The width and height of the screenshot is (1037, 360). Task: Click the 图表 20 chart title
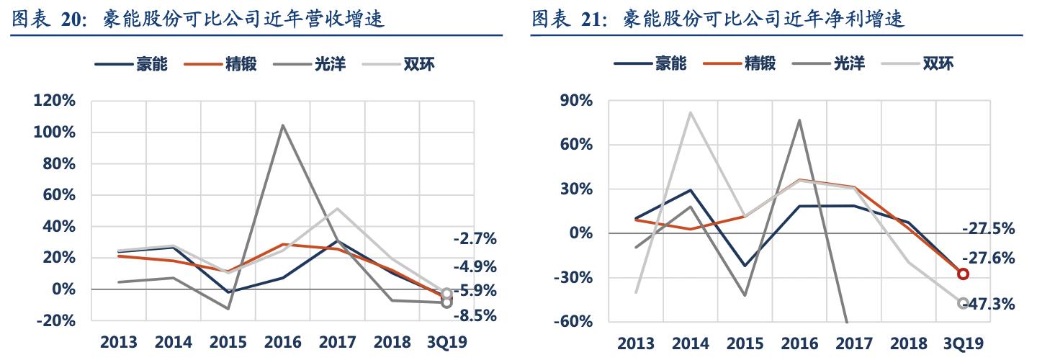pyautogui.click(x=197, y=19)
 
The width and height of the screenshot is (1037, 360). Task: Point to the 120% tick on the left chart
pyautogui.click(x=55, y=101)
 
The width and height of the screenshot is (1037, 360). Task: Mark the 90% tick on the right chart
pyautogui.click(x=576, y=101)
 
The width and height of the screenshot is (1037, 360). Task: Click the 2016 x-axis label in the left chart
pyautogui.click(x=282, y=342)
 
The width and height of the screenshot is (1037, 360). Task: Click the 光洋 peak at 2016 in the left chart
pyautogui.click(x=282, y=125)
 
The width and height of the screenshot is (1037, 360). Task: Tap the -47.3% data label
pyautogui.click(x=988, y=305)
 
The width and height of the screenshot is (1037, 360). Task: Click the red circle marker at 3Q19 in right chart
pyautogui.click(x=963, y=274)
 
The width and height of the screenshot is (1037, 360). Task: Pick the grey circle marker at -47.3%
pyautogui.click(x=963, y=303)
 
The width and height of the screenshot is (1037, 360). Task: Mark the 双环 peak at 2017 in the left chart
pyautogui.click(x=337, y=209)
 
